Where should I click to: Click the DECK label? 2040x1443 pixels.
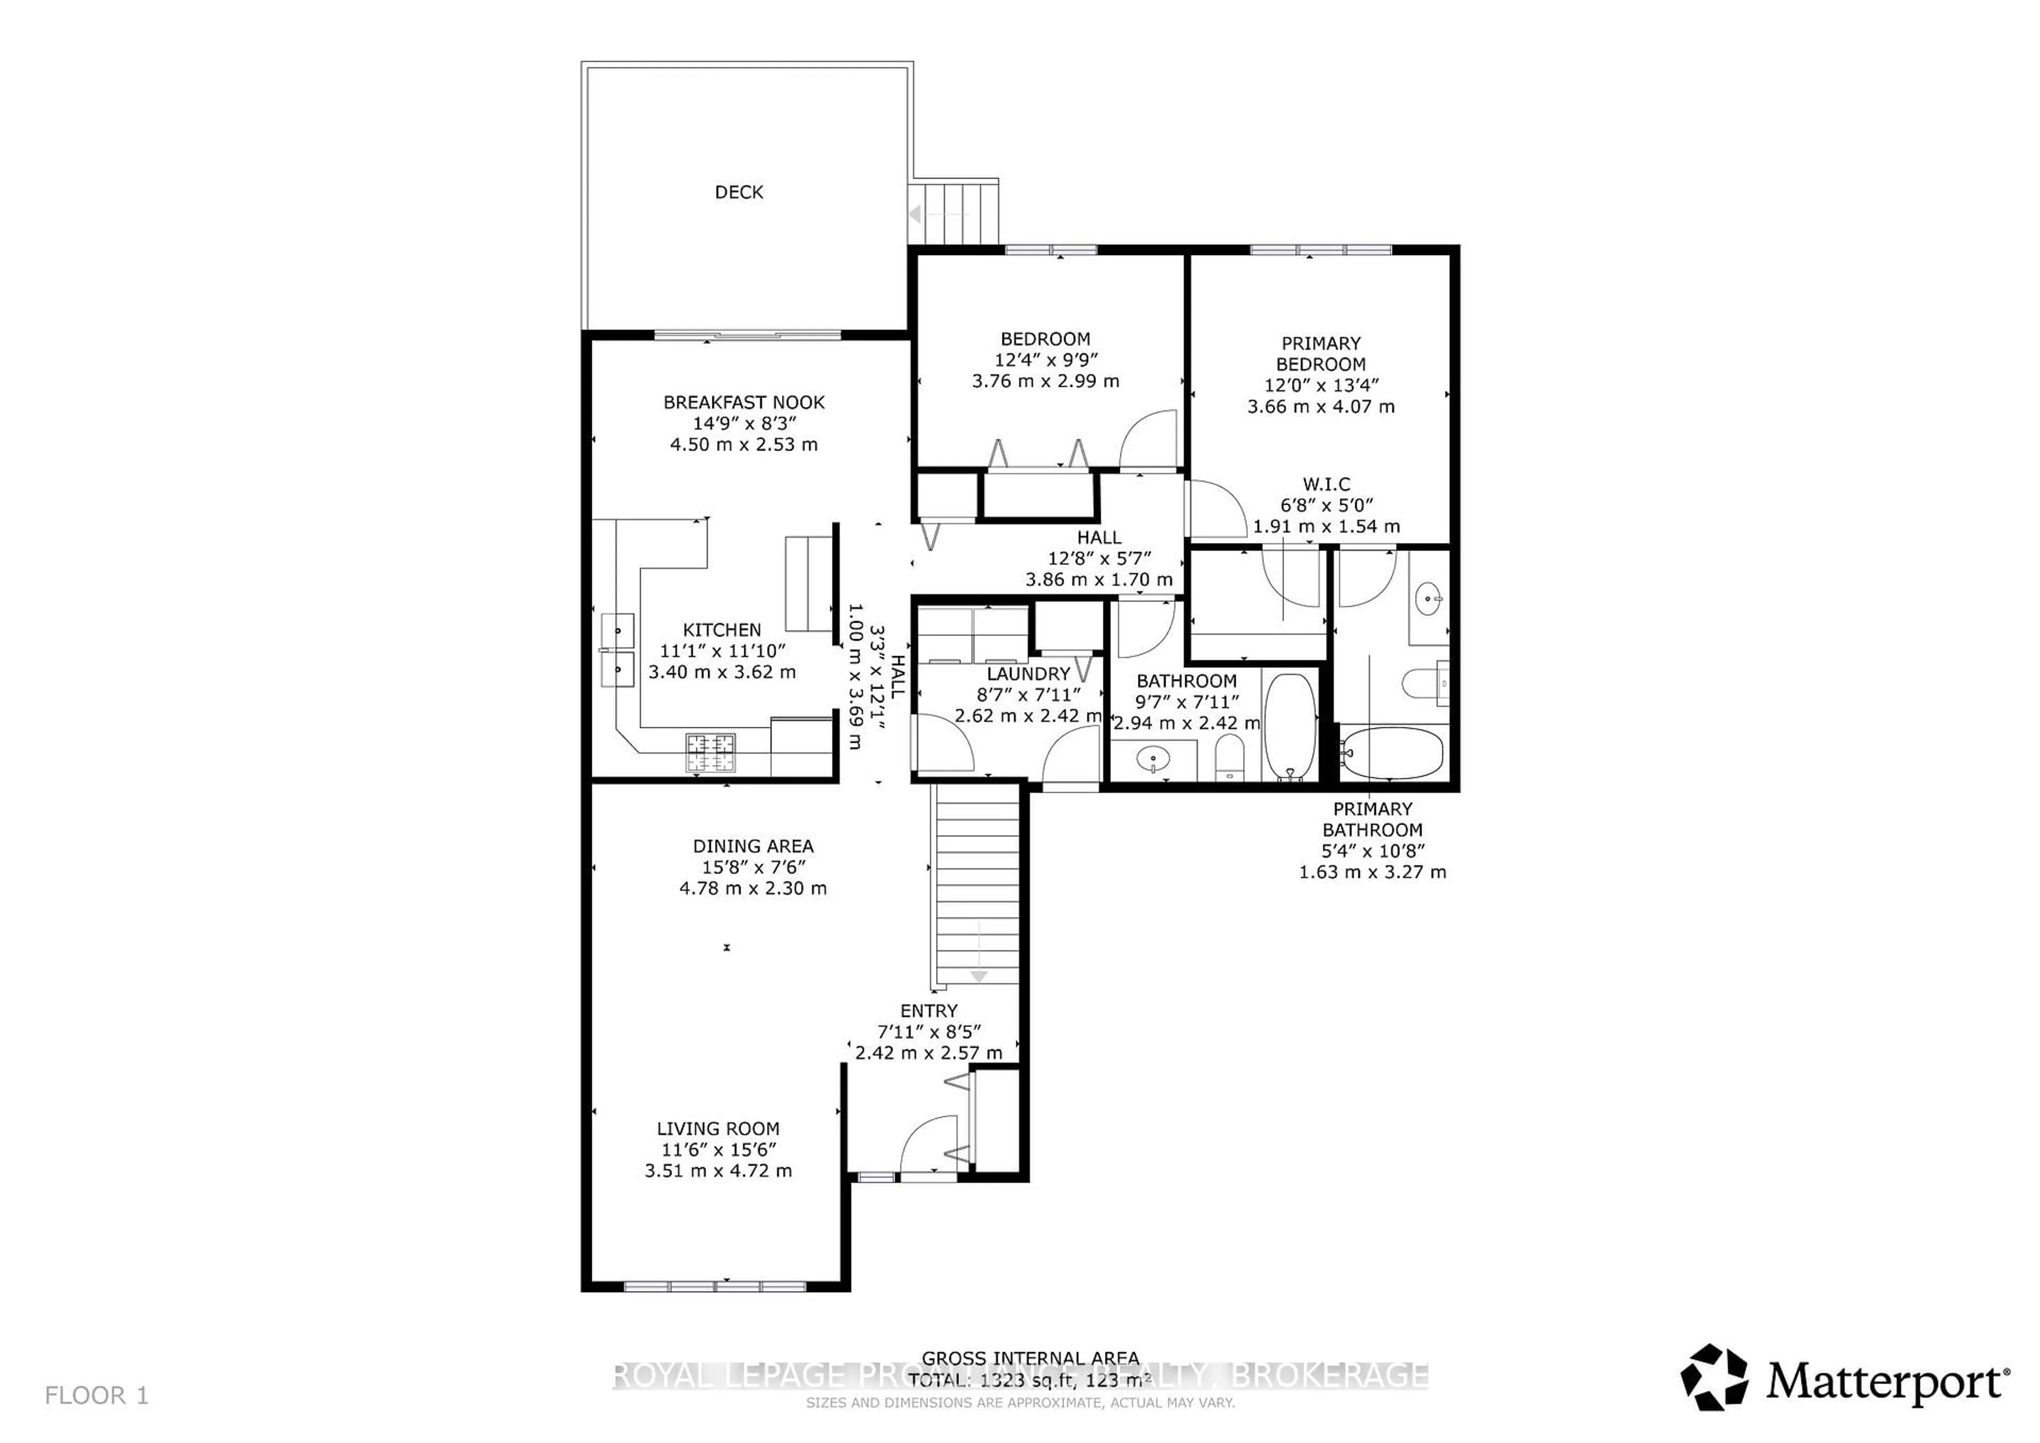coord(738,192)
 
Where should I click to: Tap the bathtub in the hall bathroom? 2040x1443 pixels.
coord(1289,725)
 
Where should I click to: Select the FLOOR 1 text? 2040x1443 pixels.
coord(96,1396)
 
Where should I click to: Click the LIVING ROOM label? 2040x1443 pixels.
coord(718,1128)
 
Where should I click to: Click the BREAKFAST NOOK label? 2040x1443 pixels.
coord(744,403)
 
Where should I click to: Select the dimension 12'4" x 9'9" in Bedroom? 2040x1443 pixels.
coord(1046,360)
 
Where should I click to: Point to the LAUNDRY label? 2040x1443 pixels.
coord(1028,674)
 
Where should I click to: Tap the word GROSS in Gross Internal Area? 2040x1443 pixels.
coord(954,1357)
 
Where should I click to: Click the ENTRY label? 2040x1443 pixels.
coord(929,1011)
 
